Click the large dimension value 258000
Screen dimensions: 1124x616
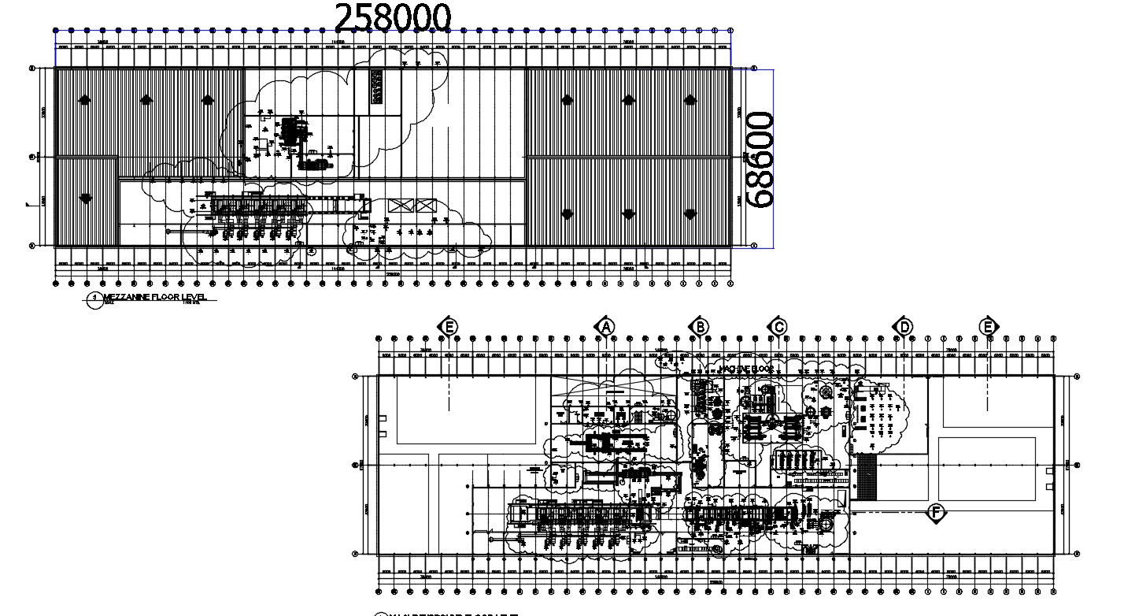(394, 17)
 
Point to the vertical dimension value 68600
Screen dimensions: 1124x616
(760, 159)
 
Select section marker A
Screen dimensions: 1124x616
(605, 326)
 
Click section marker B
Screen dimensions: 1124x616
(698, 326)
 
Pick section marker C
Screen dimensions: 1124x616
(778, 326)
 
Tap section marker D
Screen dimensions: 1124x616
(904, 326)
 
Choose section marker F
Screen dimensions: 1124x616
(936, 514)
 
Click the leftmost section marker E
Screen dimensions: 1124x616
(449, 326)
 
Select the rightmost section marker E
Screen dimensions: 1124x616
(988, 326)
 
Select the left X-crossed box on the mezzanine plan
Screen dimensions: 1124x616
(401, 206)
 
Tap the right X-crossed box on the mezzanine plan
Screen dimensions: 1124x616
(426, 206)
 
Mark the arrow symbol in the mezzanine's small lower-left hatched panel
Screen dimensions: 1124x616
(84, 213)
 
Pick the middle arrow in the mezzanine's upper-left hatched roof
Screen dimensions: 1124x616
(146, 100)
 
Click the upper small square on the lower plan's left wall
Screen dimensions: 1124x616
(383, 418)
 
